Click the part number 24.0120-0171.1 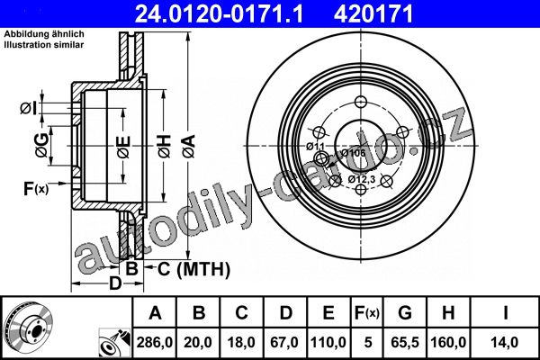[219, 14]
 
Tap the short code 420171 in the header [373, 14]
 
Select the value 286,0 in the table [154, 342]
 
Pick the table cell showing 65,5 [405, 342]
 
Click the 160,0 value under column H [448, 342]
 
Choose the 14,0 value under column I [505, 342]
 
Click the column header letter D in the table [285, 313]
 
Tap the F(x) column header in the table [367, 313]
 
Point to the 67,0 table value [284, 342]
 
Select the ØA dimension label [189, 146]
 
